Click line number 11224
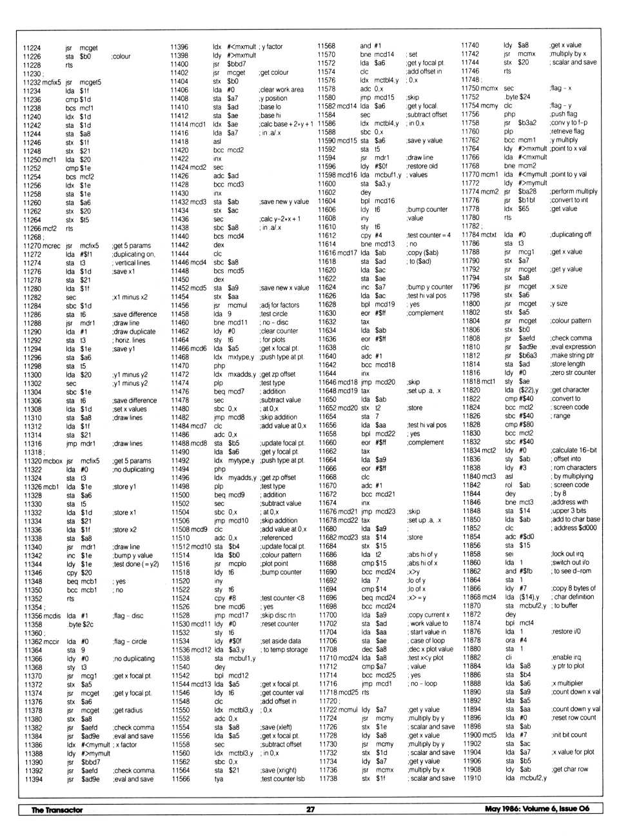pyautogui.click(x=32, y=48)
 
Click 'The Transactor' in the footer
pyautogui.click(x=57, y=810)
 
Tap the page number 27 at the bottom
pyautogui.click(x=310, y=809)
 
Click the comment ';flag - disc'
pyautogui.click(x=128, y=616)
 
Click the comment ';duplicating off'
pyautogui.click(x=570, y=235)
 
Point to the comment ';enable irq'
pyautogui.click(x=567, y=657)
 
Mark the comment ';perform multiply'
pyautogui.click(x=574, y=192)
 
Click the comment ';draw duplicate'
pyautogui.click(x=133, y=332)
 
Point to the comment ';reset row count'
pyautogui.click(x=574, y=717)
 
